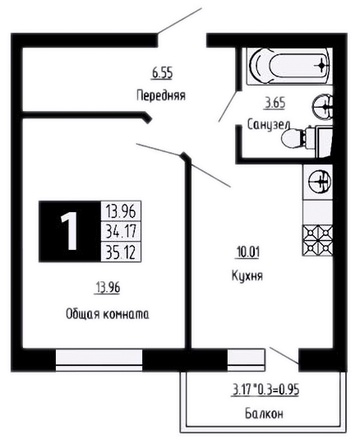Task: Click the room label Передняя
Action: coord(161,95)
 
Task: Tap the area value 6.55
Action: coord(162,73)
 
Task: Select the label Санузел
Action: coord(269,125)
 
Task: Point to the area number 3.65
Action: coord(275,103)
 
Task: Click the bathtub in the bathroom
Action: coord(289,67)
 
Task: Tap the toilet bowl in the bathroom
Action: coord(300,138)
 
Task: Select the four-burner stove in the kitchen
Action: coord(317,240)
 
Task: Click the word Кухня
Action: coord(247,275)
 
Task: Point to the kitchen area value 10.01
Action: coord(247,252)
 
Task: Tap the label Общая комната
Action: coord(108,314)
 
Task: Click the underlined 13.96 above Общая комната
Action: coord(108,288)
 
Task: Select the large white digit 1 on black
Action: coord(69,231)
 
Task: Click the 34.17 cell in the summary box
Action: coord(121,231)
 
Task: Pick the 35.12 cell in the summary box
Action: coord(121,252)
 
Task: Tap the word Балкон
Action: coord(264,414)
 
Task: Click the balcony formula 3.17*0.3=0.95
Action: coord(265,390)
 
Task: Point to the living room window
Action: coord(99,360)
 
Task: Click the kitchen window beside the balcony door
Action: coord(247,360)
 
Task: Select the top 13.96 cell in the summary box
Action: coord(121,211)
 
